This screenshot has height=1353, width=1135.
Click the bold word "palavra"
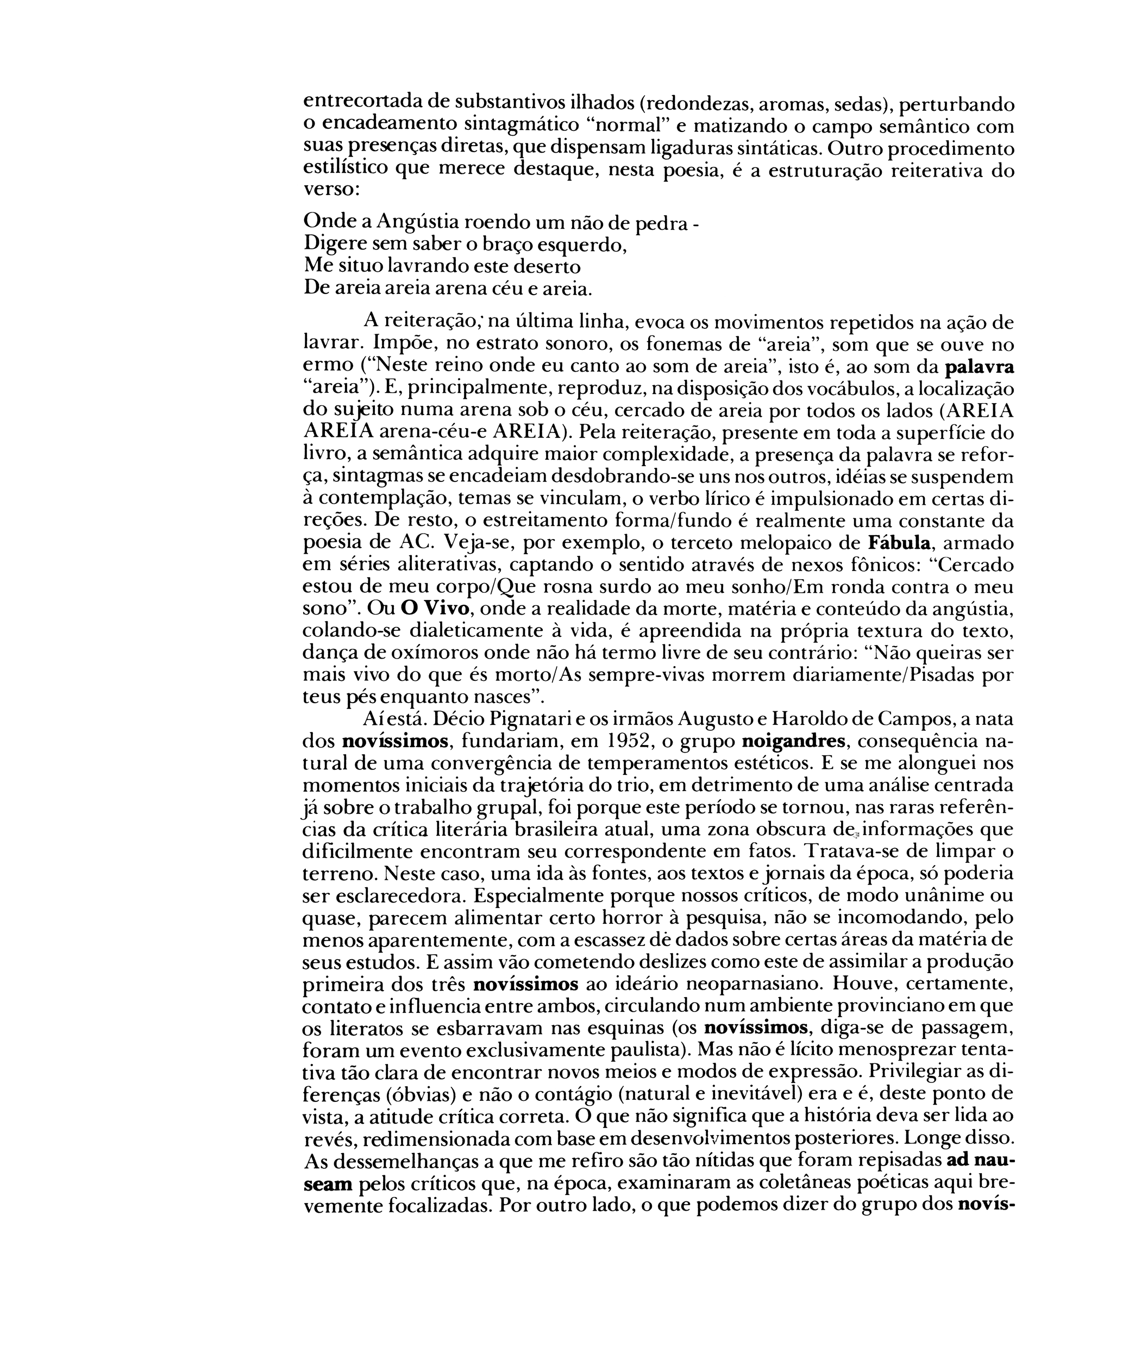979,368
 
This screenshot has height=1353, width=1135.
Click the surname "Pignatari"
559,718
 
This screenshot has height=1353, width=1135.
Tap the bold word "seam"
327,1183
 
